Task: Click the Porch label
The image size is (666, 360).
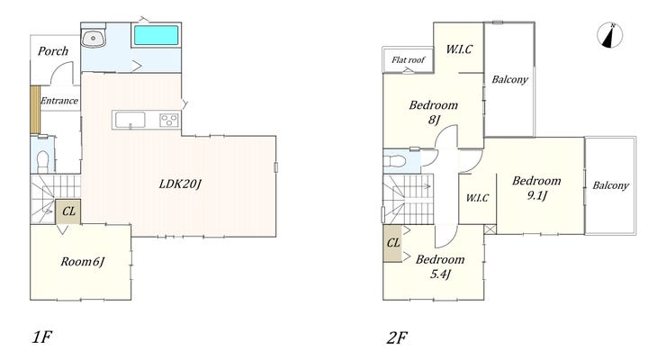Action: (53, 51)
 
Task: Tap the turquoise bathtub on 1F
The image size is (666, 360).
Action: (157, 35)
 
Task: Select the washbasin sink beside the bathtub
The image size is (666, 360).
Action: (94, 39)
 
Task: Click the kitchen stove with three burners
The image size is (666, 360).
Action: (169, 120)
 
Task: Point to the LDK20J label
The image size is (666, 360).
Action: (180, 184)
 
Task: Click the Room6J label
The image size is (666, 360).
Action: (83, 262)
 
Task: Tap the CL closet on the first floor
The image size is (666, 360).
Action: (68, 211)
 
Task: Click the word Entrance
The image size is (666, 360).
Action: (59, 101)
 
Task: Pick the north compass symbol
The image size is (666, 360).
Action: (610, 35)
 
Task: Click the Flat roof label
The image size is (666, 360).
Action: (409, 60)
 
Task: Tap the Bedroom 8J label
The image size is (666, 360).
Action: (433, 112)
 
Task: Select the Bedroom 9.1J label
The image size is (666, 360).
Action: (536, 187)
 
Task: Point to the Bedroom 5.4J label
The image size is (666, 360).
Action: (440, 266)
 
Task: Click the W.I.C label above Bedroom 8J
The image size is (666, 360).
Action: (459, 49)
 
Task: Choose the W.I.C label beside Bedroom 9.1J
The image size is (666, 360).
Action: (477, 198)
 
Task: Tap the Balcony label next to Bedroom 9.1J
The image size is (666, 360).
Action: (610, 185)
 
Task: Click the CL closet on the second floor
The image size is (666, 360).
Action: (392, 243)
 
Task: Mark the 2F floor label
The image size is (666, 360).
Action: (397, 337)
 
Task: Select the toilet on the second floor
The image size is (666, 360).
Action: (393, 161)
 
